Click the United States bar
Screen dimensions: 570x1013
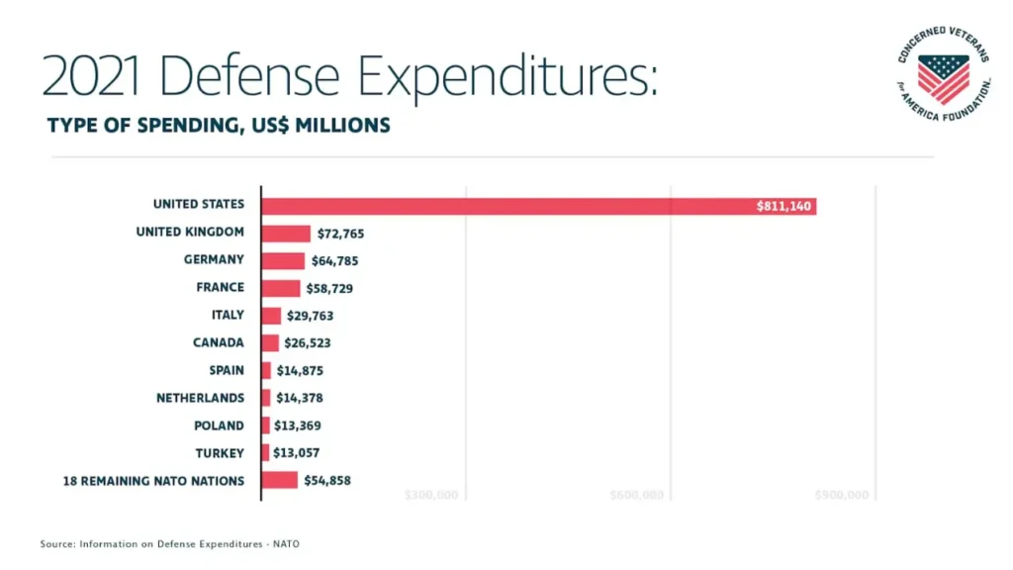538,206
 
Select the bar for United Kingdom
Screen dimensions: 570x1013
286,234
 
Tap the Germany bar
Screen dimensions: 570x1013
283,261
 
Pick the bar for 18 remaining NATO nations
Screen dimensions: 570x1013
279,480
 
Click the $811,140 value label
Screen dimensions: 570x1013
784,206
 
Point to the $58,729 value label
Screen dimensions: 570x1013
329,289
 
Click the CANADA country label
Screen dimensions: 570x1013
218,342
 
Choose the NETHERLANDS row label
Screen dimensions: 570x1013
200,398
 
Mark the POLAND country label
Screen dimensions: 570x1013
219,426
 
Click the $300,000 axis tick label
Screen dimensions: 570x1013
431,495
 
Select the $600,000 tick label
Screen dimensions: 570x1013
636,495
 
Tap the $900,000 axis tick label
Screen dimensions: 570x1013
841,495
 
